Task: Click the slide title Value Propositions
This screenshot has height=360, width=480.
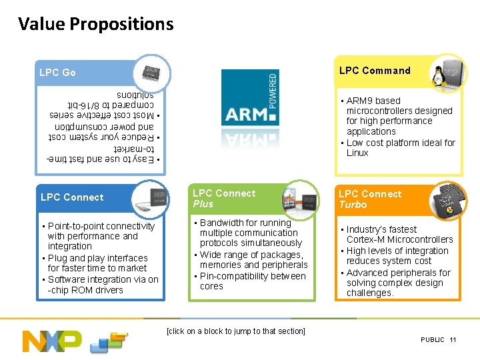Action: point(95,25)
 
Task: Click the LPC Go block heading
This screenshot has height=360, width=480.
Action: point(57,73)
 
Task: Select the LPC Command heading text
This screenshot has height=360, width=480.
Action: point(375,71)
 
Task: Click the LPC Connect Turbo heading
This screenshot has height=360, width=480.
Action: point(370,199)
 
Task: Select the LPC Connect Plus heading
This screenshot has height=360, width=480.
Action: point(224,198)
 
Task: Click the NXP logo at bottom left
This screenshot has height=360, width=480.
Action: point(52,341)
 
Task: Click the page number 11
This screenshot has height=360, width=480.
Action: point(453,340)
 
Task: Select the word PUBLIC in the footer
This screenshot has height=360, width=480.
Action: point(432,340)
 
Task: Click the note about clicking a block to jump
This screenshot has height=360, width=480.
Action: point(236,331)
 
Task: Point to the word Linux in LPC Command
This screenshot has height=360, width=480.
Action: point(357,153)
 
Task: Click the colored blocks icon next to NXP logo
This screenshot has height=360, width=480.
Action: point(108,342)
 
